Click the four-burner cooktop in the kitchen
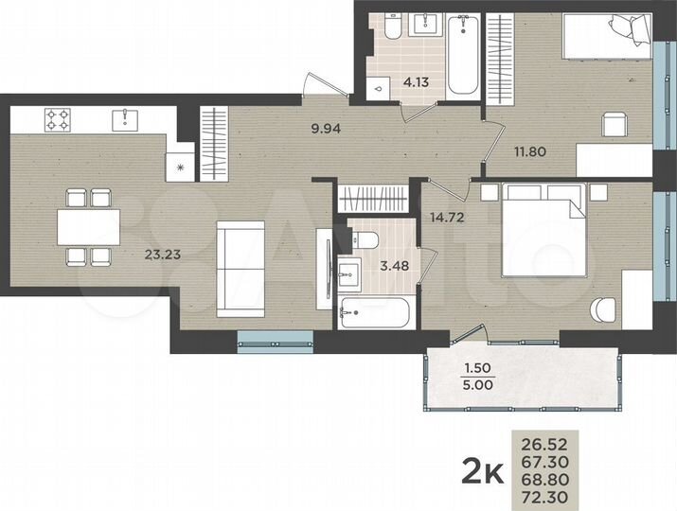coord(59,119)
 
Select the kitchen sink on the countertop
coord(124,119)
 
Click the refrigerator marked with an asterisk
coord(181,167)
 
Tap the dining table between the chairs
coord(87,227)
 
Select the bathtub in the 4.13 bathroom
coord(464,55)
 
